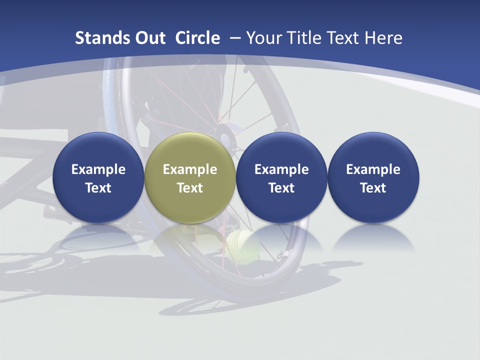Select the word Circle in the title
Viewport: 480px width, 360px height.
[x=197, y=38]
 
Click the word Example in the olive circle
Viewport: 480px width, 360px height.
[x=190, y=169]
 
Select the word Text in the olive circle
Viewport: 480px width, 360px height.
[x=190, y=188]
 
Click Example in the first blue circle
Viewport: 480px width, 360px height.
[x=98, y=169]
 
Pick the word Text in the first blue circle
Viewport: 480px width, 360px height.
[x=98, y=188]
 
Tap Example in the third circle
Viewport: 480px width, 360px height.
[x=281, y=169]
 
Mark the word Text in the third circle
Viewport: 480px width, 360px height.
[x=281, y=188]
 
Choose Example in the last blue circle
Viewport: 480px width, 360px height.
[x=373, y=169]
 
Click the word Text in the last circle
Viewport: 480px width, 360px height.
[x=373, y=188]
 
